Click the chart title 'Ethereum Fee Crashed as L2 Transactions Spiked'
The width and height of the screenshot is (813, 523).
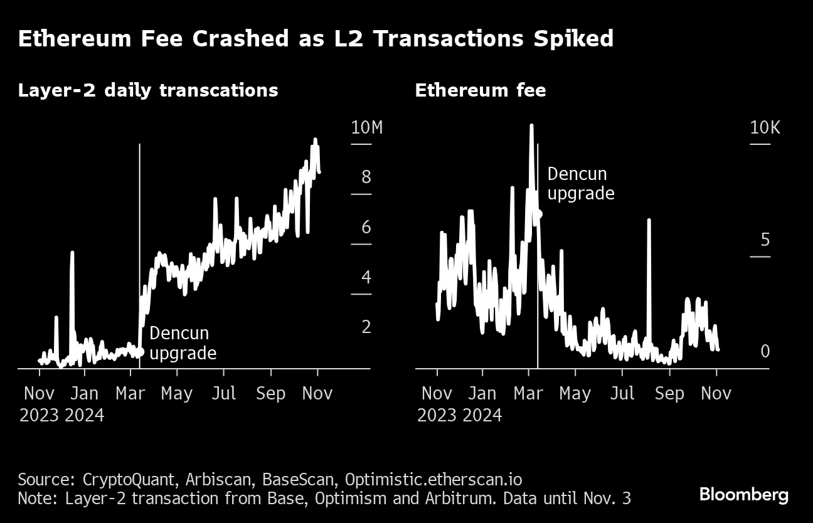pos(316,39)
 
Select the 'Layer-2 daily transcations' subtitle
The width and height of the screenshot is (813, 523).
pos(148,90)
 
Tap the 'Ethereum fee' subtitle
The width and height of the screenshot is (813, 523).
pos(480,90)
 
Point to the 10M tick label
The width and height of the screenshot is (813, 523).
pos(366,128)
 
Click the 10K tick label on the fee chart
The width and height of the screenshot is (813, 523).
pos(765,128)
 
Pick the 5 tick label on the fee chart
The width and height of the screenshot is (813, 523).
pos(765,240)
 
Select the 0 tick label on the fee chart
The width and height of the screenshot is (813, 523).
pos(765,352)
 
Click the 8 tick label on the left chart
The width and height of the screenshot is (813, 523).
pos(366,177)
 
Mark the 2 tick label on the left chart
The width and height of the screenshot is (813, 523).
pos(366,327)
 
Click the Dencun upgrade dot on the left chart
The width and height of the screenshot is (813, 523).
pos(140,352)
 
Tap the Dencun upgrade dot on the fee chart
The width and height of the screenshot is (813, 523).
pos(538,214)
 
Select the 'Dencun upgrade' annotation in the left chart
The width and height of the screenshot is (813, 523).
pos(183,343)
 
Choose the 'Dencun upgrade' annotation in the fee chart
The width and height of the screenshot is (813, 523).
pos(580,183)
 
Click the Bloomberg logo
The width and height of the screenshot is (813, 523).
pos(743,495)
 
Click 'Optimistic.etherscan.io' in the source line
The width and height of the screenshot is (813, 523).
pos(432,480)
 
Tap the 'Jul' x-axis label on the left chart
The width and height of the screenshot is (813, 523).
pos(223,393)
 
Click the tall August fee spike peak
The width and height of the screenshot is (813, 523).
pos(649,221)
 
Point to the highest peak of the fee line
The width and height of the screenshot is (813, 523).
pos(531,125)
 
